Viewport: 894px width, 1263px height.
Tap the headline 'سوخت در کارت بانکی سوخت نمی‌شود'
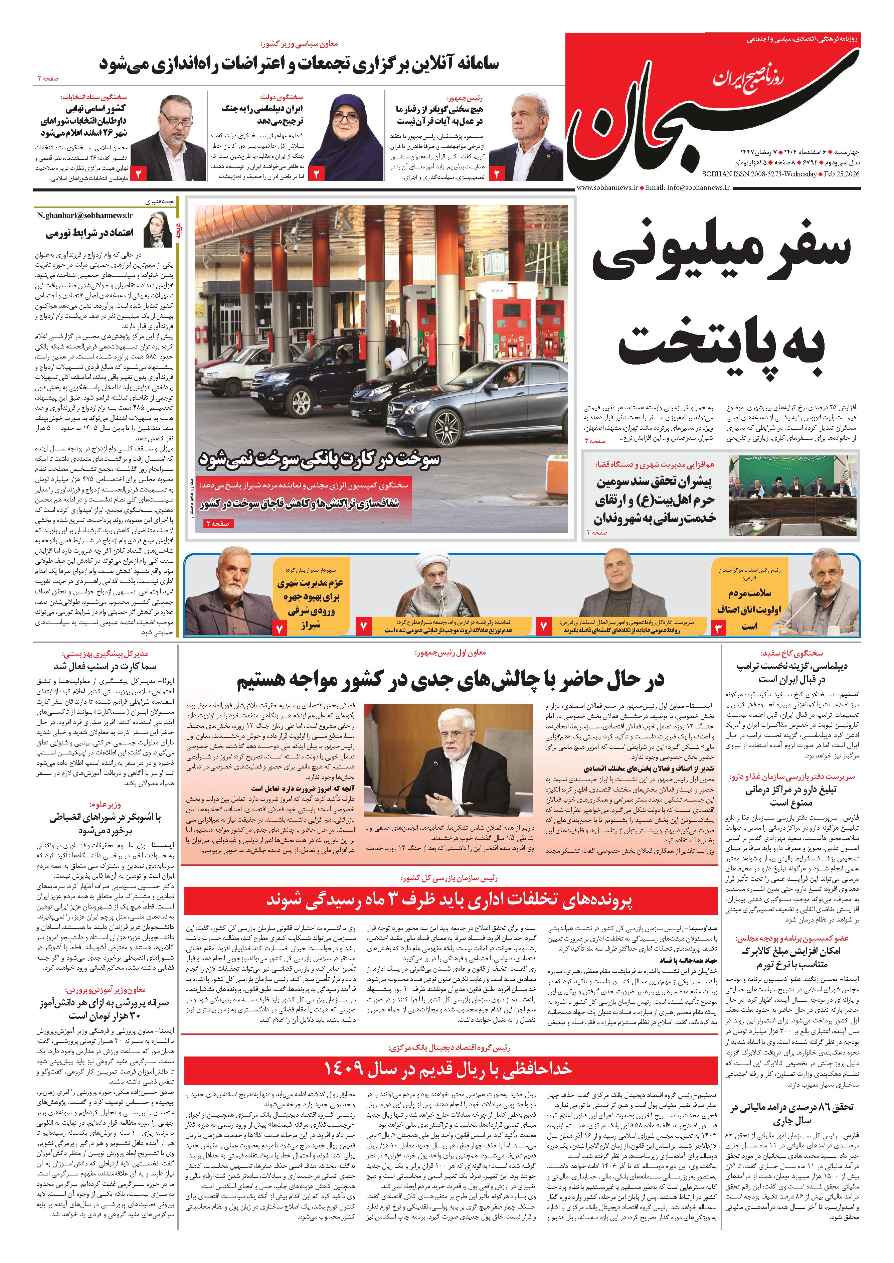coord(319,458)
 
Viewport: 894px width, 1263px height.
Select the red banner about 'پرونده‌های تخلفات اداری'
coord(450,900)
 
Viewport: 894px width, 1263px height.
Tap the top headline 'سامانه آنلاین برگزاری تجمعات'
coord(300,64)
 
